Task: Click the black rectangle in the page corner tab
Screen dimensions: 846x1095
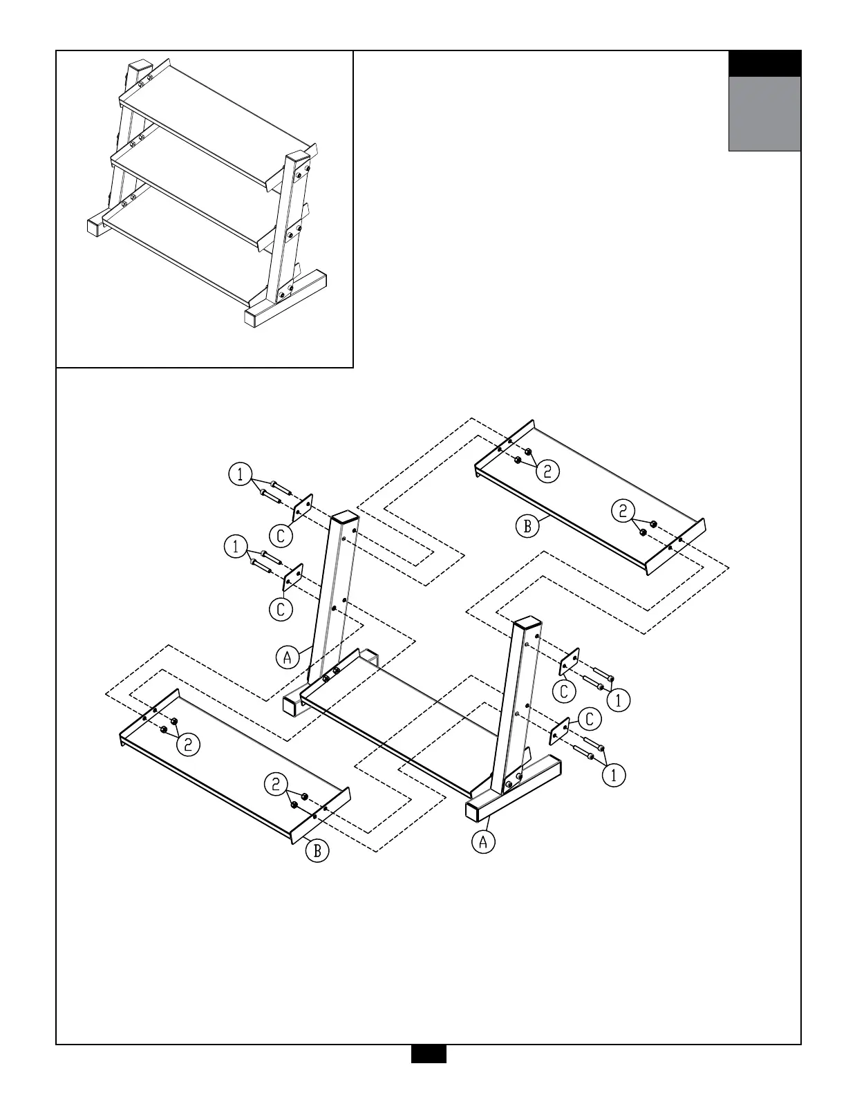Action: pyautogui.click(x=764, y=64)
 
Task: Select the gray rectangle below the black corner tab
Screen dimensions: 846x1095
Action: pyautogui.click(x=764, y=113)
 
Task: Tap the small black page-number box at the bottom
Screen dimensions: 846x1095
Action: pyautogui.click(x=429, y=1073)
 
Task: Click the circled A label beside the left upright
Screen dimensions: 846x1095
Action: pyautogui.click(x=288, y=656)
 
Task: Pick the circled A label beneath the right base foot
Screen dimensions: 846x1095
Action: pyautogui.click(x=484, y=842)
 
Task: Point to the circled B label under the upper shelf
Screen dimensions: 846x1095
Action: pyautogui.click(x=527, y=526)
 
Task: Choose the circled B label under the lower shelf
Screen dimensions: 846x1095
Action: pyautogui.click(x=317, y=850)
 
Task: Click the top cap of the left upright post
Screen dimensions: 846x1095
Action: pyautogui.click(x=346, y=518)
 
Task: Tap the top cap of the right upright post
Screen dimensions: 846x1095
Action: pyautogui.click(x=527, y=624)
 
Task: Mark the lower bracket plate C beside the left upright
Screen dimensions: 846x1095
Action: pyautogui.click(x=293, y=577)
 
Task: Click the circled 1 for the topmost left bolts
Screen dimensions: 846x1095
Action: pyautogui.click(x=239, y=474)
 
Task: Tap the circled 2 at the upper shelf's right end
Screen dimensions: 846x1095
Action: pyautogui.click(x=623, y=512)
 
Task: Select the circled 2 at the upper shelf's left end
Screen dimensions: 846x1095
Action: pyautogui.click(x=547, y=471)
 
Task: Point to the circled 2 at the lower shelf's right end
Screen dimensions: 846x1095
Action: pyautogui.click(x=276, y=784)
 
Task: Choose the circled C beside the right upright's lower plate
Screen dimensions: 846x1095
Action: pyautogui.click(x=590, y=719)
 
